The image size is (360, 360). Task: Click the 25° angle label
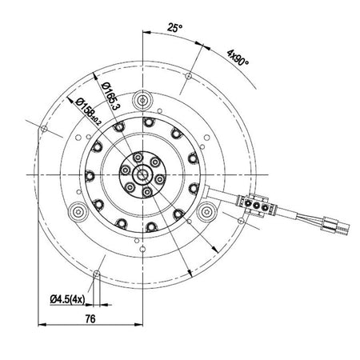174,27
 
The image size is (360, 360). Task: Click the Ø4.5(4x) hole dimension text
70,299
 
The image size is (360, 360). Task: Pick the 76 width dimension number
90,318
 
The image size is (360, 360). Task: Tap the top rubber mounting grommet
143,100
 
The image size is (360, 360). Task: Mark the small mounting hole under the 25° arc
187,77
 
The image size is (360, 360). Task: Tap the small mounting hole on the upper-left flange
41,126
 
